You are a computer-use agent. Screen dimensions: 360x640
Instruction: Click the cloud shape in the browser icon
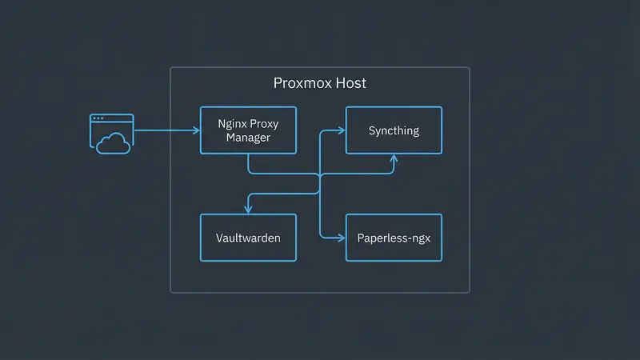(113, 143)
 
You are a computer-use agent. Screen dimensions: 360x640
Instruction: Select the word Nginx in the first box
(232, 124)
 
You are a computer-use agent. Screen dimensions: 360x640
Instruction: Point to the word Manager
(248, 138)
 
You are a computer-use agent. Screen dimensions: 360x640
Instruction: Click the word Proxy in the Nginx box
(264, 124)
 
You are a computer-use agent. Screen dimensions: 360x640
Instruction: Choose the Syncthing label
(394, 130)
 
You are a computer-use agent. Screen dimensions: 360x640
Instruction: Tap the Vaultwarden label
(248, 238)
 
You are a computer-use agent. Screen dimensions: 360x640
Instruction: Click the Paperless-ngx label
(394, 238)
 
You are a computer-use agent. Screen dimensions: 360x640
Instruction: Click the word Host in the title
(350, 83)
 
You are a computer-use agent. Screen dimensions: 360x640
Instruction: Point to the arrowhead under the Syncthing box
(394, 158)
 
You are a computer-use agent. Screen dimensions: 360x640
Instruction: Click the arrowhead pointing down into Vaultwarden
(248, 210)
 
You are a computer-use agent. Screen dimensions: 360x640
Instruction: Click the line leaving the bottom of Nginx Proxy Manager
(248, 164)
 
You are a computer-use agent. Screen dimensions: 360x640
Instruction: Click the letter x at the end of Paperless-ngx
(437, 238)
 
